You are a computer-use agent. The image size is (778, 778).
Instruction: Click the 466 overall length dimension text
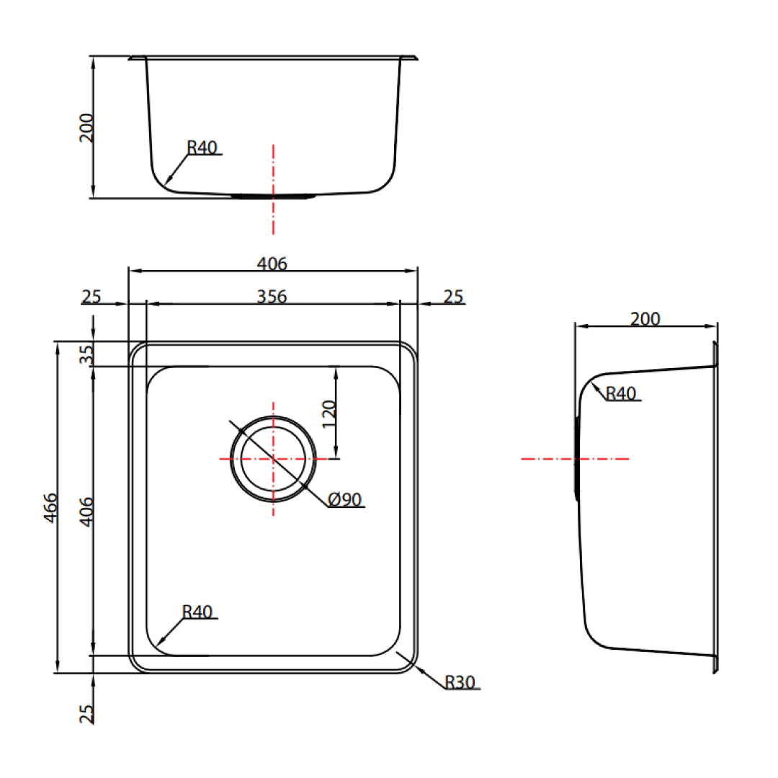click(x=50, y=509)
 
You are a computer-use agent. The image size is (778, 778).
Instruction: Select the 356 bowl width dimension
click(x=272, y=296)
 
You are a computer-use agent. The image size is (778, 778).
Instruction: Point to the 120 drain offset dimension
click(x=328, y=415)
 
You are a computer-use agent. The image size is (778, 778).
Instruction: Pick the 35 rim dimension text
click(x=86, y=354)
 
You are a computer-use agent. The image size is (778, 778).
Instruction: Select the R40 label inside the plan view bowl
click(x=197, y=612)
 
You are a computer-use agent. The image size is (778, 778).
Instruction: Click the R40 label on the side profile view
click(x=620, y=393)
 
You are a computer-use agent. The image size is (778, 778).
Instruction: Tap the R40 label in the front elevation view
click(x=202, y=148)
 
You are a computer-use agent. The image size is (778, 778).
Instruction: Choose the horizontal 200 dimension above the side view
click(x=645, y=318)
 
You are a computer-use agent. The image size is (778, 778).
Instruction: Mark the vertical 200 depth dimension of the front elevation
click(x=86, y=128)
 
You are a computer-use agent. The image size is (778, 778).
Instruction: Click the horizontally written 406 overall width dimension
click(x=272, y=264)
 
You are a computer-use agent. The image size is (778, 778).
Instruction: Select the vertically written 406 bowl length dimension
click(x=86, y=511)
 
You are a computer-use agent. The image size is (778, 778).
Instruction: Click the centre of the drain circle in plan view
click(x=273, y=458)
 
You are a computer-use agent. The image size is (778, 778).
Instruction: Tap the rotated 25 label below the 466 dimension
click(x=86, y=713)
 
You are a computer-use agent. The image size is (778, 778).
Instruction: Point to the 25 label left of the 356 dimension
click(x=91, y=296)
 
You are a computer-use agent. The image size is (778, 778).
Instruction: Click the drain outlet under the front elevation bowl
click(x=274, y=195)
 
